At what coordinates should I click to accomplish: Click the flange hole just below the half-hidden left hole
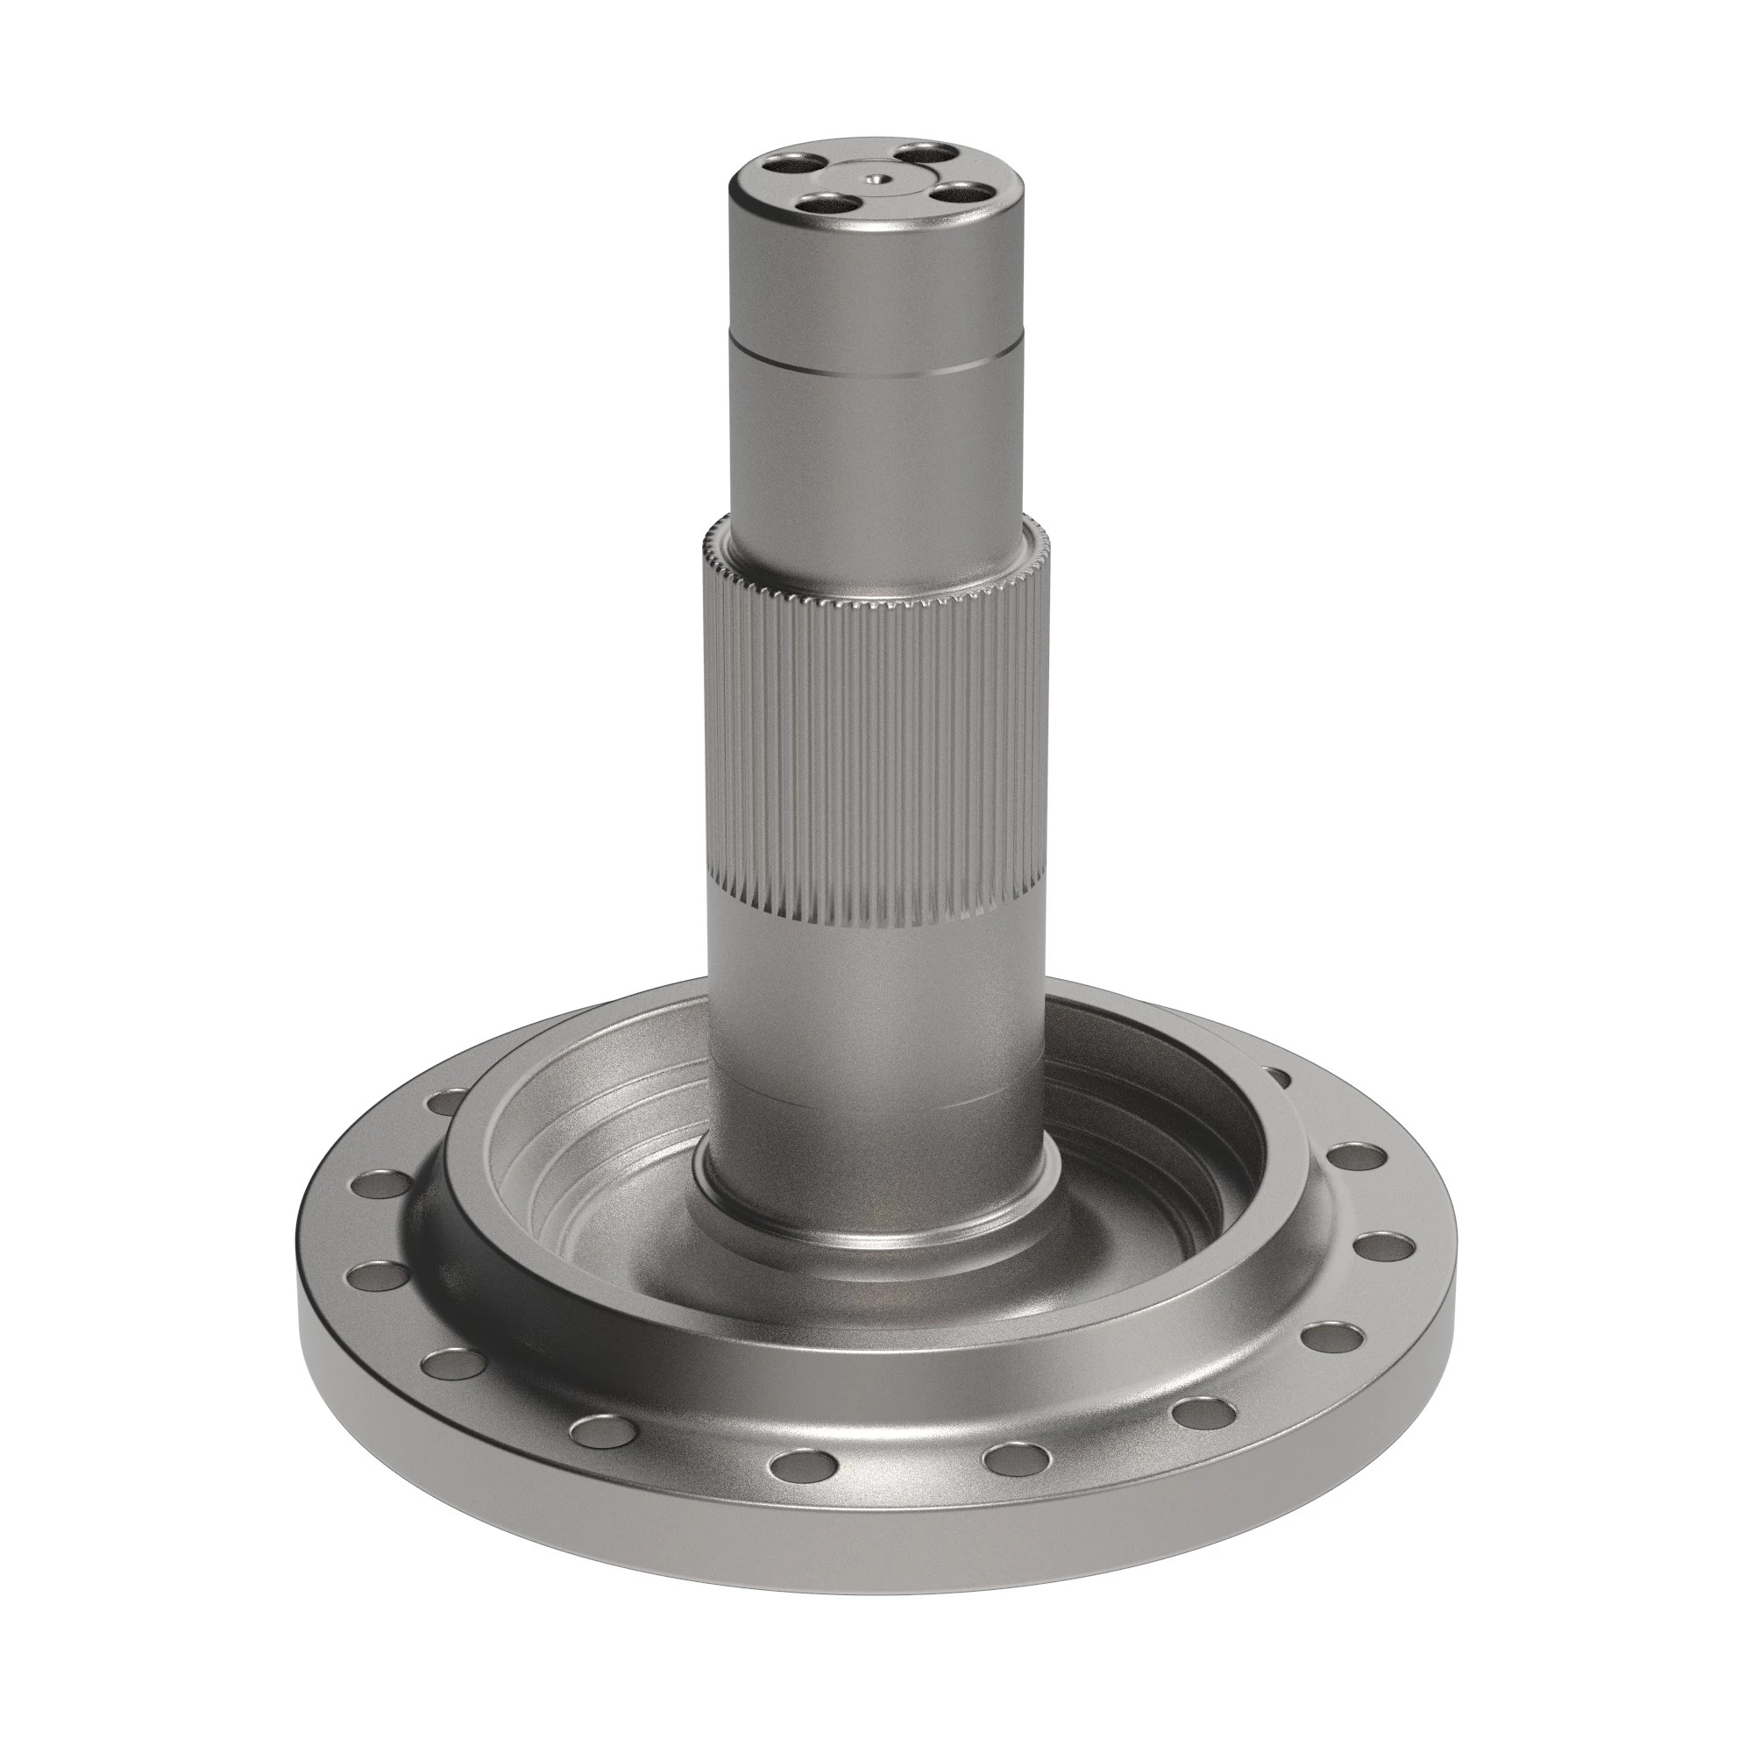(381, 1184)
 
